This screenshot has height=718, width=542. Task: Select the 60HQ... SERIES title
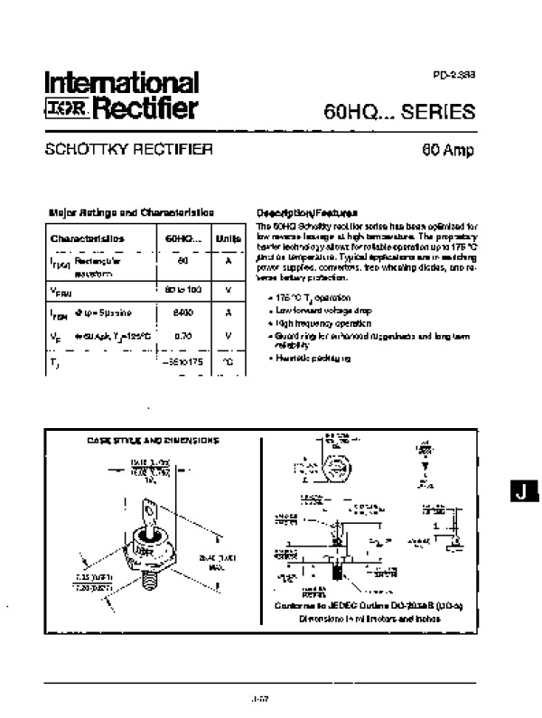(x=398, y=113)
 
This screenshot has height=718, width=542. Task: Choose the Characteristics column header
(x=88, y=238)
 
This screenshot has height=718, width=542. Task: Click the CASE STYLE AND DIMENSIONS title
(x=153, y=441)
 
